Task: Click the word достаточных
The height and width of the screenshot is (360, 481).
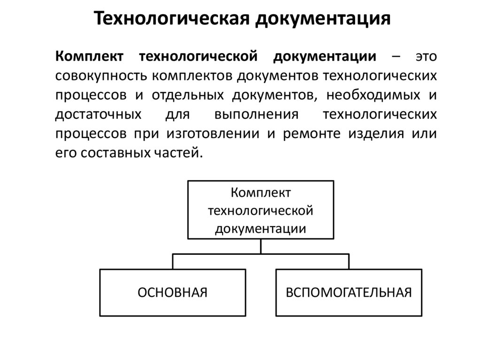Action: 99,115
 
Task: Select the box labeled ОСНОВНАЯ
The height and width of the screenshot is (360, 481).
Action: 172,292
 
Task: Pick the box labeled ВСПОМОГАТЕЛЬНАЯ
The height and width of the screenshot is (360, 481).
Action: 349,292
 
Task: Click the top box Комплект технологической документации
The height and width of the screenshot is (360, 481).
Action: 261,210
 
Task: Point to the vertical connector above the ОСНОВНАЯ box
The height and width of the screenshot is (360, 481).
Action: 173,261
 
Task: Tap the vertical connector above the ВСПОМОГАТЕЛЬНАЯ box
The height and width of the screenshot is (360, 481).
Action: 349,261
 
